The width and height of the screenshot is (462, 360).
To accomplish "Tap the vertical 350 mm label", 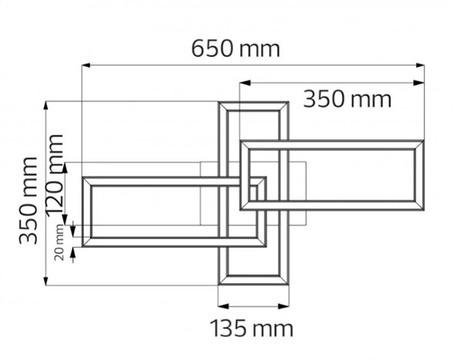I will pos(28,199).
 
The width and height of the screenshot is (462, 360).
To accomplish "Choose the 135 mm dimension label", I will pos(252,328).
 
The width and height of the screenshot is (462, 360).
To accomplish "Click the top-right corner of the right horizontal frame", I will pos(424,141).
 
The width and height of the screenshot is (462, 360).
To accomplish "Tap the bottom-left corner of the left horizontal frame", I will pos(82,247).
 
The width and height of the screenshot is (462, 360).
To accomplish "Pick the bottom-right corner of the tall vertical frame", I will pos(289,285).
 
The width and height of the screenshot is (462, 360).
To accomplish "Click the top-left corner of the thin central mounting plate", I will pos(200,162).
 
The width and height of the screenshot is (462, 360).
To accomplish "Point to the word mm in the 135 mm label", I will pos(275,328).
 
